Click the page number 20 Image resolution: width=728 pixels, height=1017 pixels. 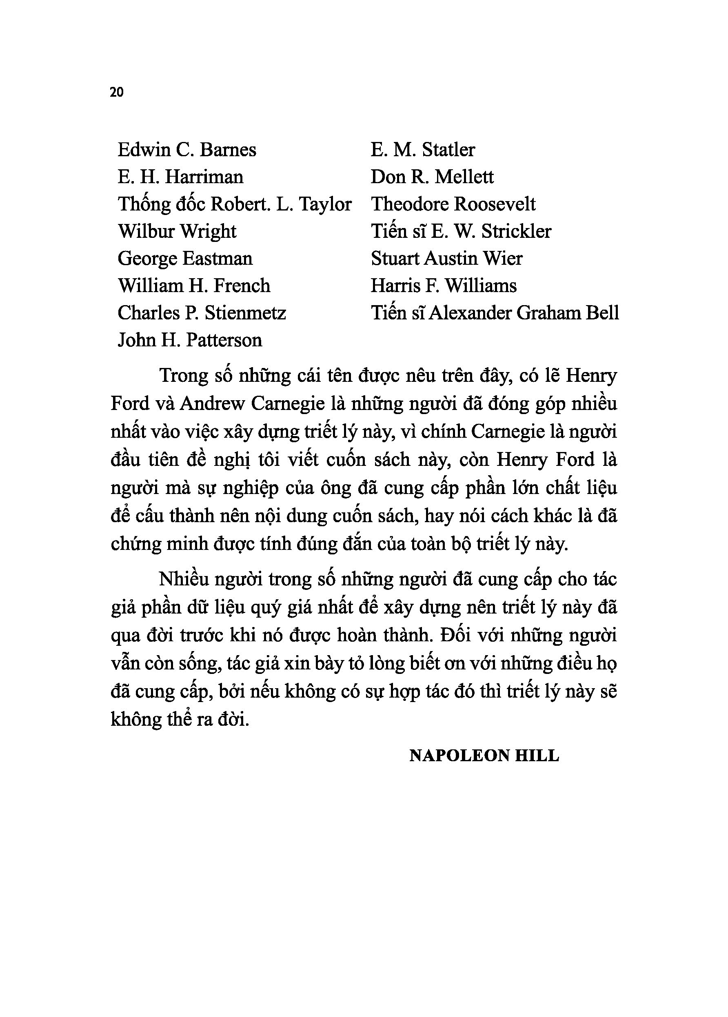tap(116, 92)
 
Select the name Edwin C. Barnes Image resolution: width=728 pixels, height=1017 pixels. tap(187, 150)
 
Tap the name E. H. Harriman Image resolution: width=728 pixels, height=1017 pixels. tap(180, 177)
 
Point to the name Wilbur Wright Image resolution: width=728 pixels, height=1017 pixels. tap(177, 232)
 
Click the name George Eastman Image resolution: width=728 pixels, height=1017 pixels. tap(185, 259)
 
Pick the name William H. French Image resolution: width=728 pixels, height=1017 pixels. tap(194, 286)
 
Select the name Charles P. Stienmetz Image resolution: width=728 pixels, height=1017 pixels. tap(202, 313)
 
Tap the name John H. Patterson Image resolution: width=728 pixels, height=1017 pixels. tap(190, 341)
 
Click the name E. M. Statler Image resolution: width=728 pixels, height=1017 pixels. tap(422, 150)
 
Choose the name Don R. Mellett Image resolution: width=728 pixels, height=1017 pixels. tap(432, 177)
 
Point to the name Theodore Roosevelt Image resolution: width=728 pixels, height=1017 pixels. tap(453, 205)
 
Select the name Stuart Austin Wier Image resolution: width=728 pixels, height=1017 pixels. tap(446, 259)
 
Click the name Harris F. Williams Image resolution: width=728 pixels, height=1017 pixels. tap(444, 286)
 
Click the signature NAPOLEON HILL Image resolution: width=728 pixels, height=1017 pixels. tap(484, 756)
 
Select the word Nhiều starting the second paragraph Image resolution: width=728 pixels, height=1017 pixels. tap(184, 580)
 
